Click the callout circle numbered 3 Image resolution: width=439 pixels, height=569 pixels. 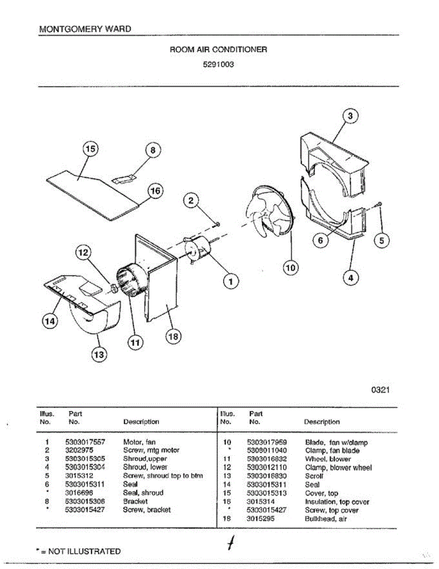tap(350, 116)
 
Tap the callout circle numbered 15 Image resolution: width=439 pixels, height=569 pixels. tap(90, 149)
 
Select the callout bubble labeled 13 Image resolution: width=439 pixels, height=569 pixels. tap(99, 354)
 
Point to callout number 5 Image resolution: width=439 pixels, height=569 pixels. tap(382, 240)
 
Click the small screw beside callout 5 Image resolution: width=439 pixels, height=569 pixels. tap(380, 204)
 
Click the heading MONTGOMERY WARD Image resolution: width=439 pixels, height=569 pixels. tap(85, 29)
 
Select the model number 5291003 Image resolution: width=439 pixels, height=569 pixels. tap(218, 64)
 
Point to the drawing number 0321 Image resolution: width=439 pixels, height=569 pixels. tap(380, 390)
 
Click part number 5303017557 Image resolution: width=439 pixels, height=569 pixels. tap(85, 442)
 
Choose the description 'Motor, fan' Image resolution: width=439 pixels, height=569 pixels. tap(139, 442)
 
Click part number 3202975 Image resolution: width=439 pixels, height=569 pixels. tap(78, 450)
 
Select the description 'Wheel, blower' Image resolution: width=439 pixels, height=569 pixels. tap(328, 459)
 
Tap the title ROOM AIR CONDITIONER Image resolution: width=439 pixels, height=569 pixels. tap(218, 49)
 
